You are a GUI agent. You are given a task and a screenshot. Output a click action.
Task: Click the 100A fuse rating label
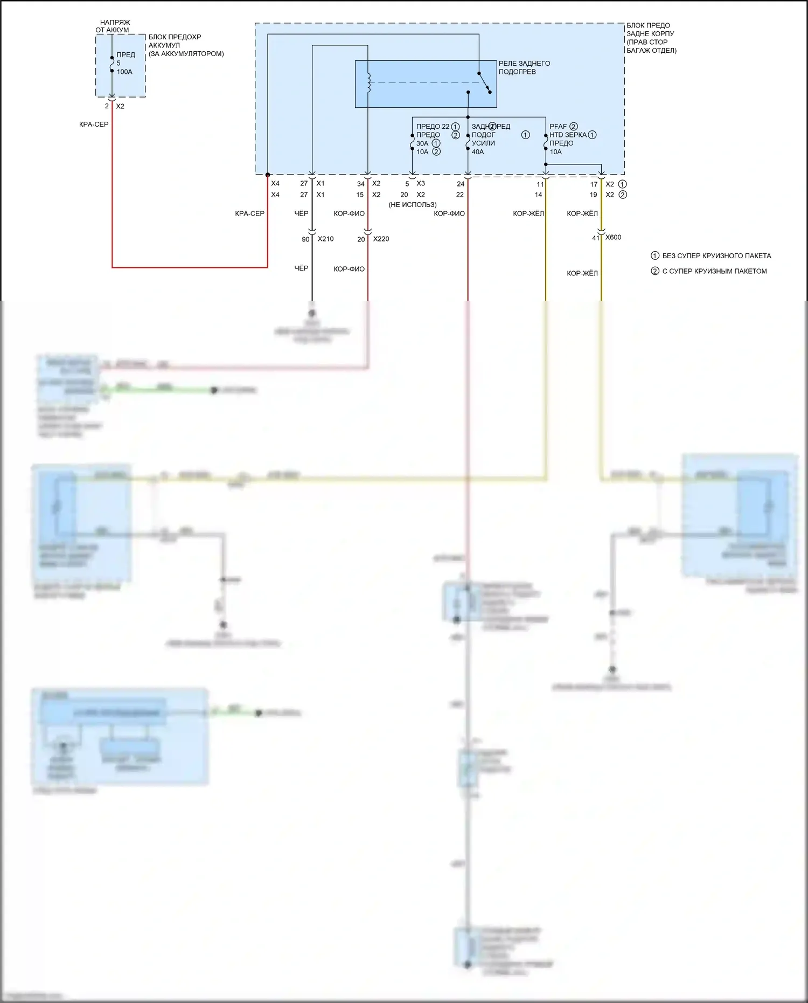click(x=124, y=72)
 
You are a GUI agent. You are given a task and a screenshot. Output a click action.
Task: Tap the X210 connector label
click(x=325, y=239)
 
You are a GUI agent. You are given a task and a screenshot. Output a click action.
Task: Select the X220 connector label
click(x=381, y=239)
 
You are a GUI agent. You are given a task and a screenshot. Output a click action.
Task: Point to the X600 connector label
click(x=613, y=237)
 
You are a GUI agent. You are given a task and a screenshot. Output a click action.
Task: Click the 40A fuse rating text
click(x=478, y=152)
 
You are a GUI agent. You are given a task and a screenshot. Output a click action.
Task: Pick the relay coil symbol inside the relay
click(x=368, y=82)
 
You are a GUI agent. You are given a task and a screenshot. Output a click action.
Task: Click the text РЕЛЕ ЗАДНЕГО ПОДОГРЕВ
click(x=524, y=67)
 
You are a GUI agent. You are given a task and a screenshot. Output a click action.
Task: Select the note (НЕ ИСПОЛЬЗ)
click(x=412, y=205)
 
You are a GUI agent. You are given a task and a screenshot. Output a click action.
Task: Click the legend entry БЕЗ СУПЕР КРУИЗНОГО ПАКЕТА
click(x=716, y=256)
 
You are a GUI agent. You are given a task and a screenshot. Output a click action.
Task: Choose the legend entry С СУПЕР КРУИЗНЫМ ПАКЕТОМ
click(x=714, y=271)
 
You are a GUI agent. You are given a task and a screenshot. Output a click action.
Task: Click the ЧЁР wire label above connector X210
click(x=301, y=213)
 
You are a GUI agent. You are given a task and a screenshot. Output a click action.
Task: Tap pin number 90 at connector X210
click(x=305, y=239)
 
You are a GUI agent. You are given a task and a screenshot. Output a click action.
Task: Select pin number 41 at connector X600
click(x=596, y=238)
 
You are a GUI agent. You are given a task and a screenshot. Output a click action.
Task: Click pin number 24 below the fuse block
click(x=461, y=184)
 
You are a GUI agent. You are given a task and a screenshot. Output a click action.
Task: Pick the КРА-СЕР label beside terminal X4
click(x=249, y=213)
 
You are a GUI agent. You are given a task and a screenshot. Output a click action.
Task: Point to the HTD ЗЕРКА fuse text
click(x=568, y=135)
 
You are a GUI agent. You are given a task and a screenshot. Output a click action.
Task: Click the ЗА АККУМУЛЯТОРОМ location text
click(x=186, y=54)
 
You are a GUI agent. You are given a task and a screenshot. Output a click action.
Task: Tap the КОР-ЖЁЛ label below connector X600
click(x=582, y=273)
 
